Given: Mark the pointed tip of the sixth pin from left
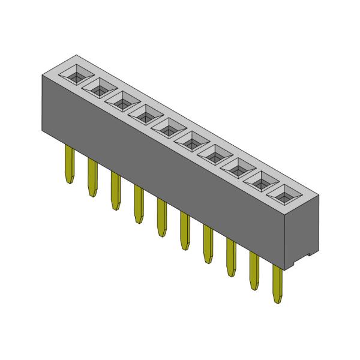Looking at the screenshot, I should (x=185, y=248).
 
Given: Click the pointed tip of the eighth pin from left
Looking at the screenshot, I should (x=231, y=275).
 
